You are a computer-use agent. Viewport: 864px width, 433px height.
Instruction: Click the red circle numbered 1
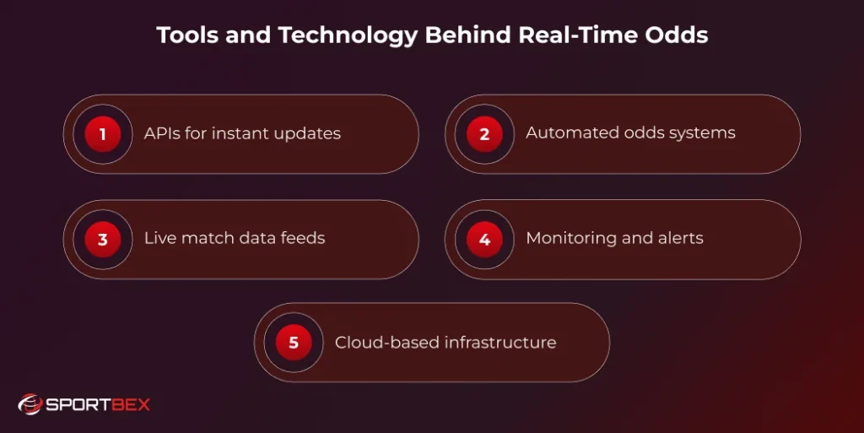coord(103,134)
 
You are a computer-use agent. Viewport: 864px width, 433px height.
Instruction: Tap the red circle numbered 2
coord(484,134)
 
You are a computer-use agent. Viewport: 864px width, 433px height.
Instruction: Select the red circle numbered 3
coord(103,239)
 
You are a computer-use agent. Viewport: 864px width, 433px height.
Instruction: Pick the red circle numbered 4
coord(484,239)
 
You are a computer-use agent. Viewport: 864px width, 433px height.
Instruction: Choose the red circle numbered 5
coord(294,343)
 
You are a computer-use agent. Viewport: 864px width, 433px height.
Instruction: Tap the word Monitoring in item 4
coord(569,239)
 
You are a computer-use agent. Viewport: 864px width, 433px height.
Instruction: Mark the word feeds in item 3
coord(303,238)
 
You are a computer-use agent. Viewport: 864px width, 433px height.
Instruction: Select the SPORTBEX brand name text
coord(98,405)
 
